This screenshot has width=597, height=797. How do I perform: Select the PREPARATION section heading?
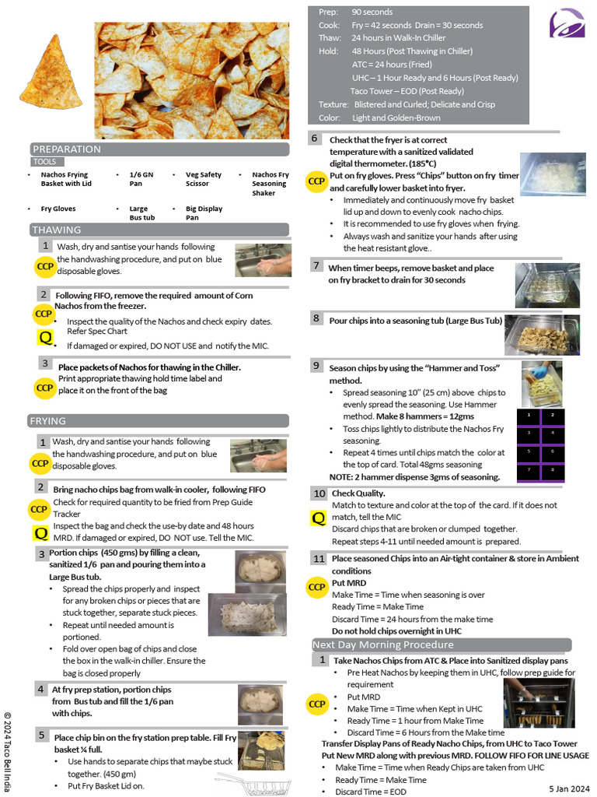coord(67,149)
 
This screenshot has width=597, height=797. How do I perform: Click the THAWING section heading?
coord(56,230)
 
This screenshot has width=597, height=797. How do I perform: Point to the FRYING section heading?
coord(48,421)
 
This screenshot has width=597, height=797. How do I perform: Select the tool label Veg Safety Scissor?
coord(204,179)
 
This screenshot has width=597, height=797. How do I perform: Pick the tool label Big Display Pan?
coord(204,213)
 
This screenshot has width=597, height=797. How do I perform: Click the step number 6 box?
coord(315,139)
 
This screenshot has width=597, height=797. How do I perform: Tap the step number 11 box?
coord(319,559)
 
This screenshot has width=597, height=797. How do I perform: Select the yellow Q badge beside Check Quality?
coord(318,518)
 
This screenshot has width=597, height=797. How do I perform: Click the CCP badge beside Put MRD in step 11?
coord(316,588)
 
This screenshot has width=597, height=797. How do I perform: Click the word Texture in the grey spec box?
coord(333,104)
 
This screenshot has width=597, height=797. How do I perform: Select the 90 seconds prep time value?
coord(372,12)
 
